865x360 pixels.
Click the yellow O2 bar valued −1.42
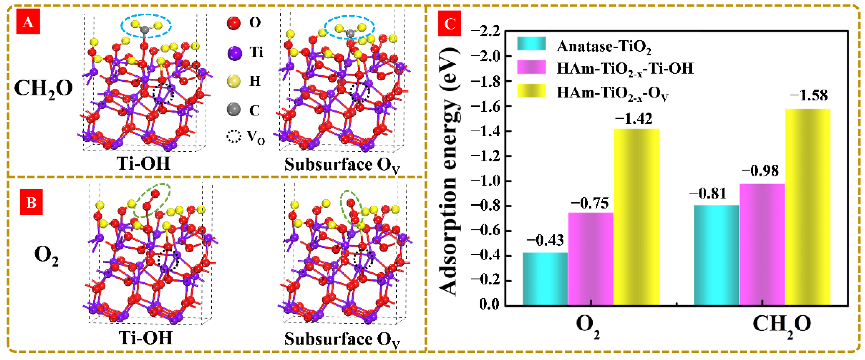[x=636, y=217]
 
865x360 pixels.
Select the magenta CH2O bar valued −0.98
[x=762, y=244]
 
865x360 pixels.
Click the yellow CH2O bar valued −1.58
[x=808, y=207]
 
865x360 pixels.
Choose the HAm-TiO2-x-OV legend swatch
[x=531, y=91]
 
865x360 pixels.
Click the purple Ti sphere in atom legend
[x=234, y=53]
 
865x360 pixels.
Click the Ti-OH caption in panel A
[x=143, y=164]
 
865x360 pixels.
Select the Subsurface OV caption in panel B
[x=342, y=340]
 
